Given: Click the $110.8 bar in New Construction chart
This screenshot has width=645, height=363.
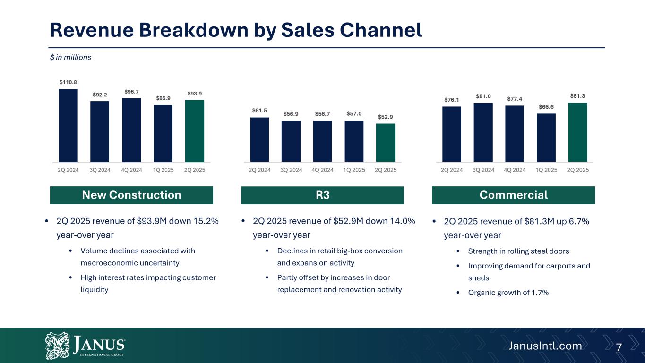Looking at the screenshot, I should pos(68,125).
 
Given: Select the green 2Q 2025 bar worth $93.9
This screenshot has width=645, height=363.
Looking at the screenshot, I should pos(195,131).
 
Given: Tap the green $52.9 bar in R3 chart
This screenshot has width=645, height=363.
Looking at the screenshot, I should pos(386,143).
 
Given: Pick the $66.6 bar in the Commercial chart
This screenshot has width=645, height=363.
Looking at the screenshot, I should pos(546,138).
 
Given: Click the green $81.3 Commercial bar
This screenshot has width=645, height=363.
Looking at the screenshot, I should pos(577,132).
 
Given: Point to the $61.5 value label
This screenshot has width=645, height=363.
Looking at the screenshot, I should pos(259,110).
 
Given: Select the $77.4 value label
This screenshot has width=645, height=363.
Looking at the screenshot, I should pos(515,99).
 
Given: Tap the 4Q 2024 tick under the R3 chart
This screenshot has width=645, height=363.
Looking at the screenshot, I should pos(322,170).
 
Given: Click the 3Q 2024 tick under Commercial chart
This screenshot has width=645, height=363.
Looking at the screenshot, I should pos(483,170).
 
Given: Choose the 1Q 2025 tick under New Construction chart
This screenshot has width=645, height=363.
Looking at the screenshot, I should pos(163,170).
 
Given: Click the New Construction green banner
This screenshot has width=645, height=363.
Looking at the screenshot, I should pos(131,195).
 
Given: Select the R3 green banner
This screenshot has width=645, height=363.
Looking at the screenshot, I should pos(322,195).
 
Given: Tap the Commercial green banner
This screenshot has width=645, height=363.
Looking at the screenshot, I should pos(513,195).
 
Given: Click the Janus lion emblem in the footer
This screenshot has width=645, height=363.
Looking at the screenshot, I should pos(57,346).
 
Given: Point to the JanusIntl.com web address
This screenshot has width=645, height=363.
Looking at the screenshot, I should pos(545,346).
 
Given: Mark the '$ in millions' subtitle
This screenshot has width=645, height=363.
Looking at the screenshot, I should pos(71,57).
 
